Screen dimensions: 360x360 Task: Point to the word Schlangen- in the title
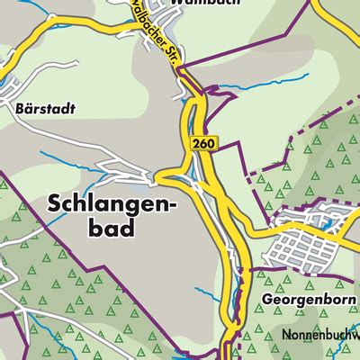(x=112, y=205)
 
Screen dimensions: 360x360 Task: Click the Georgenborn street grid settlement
(x=306, y=244)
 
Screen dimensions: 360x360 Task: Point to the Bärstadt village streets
(x=18, y=90)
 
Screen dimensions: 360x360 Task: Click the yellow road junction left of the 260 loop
(x=162, y=175)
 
